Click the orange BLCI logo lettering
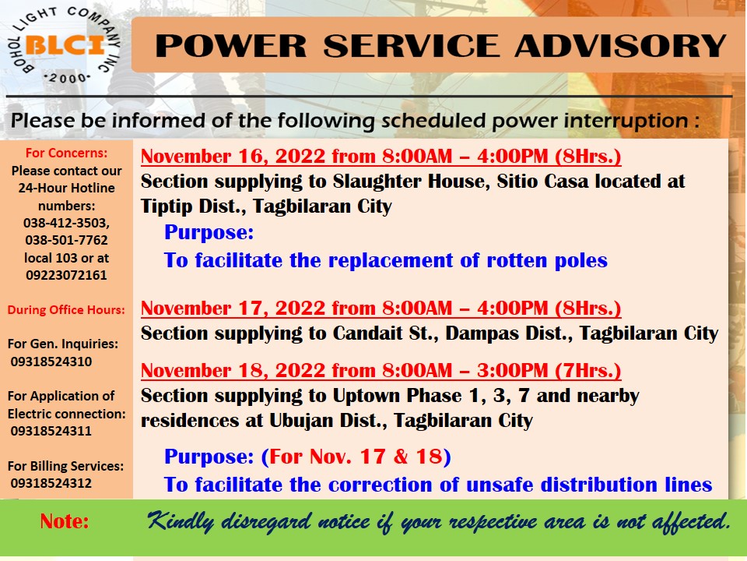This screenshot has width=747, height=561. click(65, 45)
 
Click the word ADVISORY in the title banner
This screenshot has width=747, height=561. click(620, 46)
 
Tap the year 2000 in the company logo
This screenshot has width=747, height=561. click(67, 78)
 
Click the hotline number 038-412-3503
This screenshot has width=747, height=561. click(66, 224)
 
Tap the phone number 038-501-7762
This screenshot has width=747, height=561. click(66, 240)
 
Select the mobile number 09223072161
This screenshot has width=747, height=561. click(66, 275)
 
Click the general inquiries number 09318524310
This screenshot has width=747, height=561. click(51, 362)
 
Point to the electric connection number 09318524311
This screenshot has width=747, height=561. click(51, 431)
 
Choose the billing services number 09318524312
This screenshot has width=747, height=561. click(51, 483)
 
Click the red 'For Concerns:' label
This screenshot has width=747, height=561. click(66, 153)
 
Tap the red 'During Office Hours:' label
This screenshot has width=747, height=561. click(66, 310)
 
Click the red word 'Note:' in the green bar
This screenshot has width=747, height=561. click(65, 521)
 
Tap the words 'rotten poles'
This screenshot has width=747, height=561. click(547, 260)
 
